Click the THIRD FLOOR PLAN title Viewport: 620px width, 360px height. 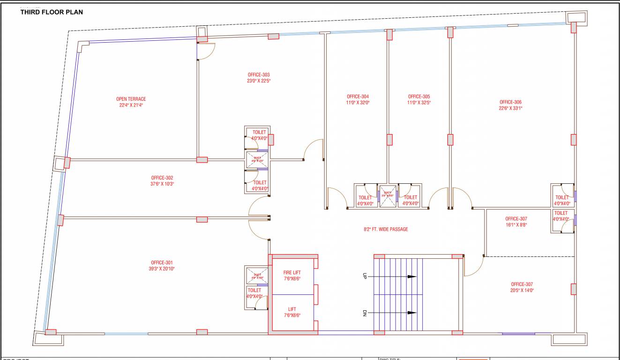tap(52, 12)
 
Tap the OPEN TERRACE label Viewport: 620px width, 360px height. tap(131, 99)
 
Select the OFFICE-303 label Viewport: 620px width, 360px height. tap(259, 75)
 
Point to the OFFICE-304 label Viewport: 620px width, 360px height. tap(358, 97)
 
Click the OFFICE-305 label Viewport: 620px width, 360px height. tap(419, 97)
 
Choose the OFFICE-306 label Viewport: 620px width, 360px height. tap(510, 102)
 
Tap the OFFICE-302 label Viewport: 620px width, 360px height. tap(162, 178)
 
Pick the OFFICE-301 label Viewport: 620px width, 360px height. tap(162, 262)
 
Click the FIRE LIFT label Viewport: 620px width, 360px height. tap(292, 272)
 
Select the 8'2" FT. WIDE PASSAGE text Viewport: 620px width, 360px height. tap(386, 229)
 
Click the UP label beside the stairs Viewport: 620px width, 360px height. tap(364, 277)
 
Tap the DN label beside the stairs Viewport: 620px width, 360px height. tap(364, 313)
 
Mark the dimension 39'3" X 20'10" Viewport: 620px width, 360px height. tap(162, 269)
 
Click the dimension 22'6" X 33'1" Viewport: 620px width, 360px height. tap(510, 108)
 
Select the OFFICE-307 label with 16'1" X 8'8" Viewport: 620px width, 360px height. tap(516, 218)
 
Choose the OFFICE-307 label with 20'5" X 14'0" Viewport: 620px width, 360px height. tap(522, 284)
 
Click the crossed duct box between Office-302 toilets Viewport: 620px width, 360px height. tap(256, 159)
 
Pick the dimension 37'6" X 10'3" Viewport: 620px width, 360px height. tap(162, 184)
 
